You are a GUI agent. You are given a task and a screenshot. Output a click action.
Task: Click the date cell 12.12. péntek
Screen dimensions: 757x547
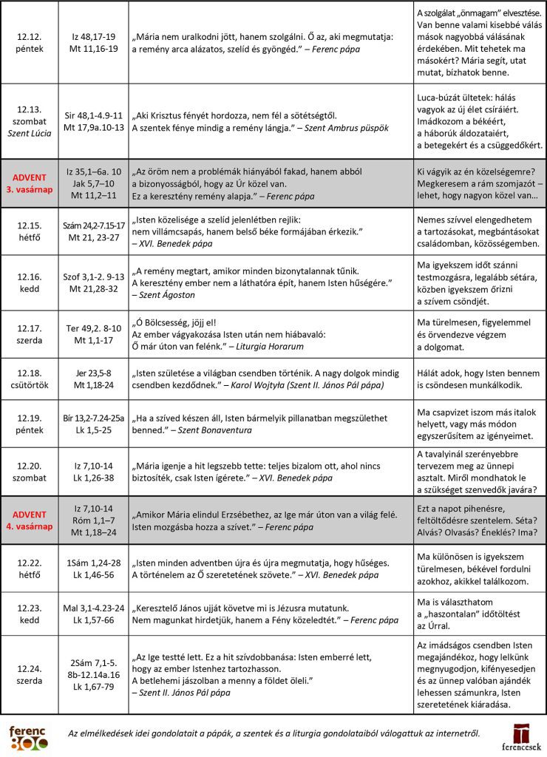click(30, 42)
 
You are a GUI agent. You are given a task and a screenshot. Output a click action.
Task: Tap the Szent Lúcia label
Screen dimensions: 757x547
click(30, 133)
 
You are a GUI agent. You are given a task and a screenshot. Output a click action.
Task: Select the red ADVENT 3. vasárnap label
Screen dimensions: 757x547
click(30, 183)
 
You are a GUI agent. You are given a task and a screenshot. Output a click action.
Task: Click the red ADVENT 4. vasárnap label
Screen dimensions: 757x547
click(30, 520)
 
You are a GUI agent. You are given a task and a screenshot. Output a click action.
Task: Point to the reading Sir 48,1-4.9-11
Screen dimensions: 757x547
click(93, 115)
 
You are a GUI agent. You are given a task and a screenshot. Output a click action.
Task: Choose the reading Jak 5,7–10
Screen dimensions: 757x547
click(93, 183)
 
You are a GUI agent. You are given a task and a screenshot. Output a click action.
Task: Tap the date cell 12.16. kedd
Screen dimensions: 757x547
click(30, 282)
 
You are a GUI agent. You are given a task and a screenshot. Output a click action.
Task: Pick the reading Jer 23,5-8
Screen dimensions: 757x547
click(93, 373)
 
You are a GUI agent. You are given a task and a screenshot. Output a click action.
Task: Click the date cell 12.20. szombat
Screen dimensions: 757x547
click(30, 473)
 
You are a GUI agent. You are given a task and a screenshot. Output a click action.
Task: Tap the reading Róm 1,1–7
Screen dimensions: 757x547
click(93, 520)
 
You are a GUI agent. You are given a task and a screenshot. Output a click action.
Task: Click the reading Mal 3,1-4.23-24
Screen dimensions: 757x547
click(93, 608)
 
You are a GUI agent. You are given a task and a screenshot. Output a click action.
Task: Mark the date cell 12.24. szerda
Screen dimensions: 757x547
click(30, 674)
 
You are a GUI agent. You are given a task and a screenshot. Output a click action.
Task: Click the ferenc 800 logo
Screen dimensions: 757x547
click(28, 737)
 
